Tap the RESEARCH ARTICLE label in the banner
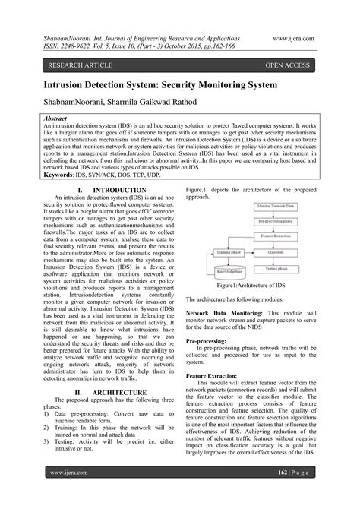[77, 66]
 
